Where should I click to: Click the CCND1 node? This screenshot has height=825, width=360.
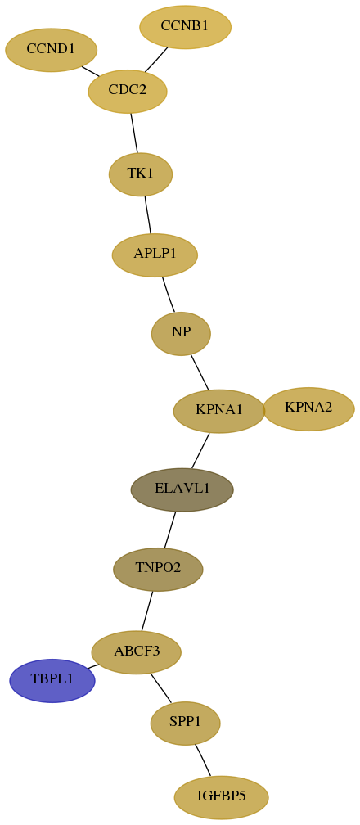point(51,50)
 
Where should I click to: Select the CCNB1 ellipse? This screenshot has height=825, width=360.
point(185,27)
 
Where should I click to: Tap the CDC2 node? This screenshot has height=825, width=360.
point(128,91)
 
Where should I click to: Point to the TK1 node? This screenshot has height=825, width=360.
point(141,174)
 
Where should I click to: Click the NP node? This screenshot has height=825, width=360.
point(181,334)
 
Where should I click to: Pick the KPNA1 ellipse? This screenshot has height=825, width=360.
point(219,411)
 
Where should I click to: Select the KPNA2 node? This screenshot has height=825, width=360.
point(308,409)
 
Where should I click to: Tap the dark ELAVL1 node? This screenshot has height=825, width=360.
point(182,489)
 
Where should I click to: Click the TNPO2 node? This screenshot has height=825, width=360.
point(158,570)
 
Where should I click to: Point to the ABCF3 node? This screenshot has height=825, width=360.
point(137,652)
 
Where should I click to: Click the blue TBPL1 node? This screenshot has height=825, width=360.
point(52,681)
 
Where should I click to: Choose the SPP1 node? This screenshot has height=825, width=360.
point(185,724)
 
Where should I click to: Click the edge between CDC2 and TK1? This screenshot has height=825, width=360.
point(134,133)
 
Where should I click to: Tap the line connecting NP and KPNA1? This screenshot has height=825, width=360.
point(200,372)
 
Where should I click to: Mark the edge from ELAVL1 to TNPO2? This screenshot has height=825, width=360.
point(170,530)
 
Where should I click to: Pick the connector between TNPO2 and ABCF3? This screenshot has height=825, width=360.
point(146,611)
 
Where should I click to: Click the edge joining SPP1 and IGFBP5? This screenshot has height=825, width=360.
point(203,760)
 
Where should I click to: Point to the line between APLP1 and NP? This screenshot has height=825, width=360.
point(169,295)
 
